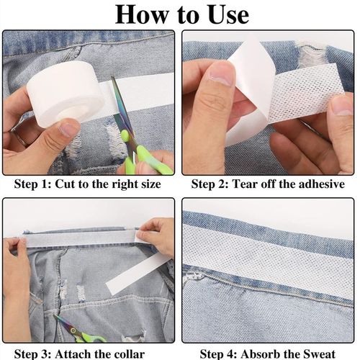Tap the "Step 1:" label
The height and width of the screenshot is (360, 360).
(34, 184)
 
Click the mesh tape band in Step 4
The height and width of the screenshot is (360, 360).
(266, 245)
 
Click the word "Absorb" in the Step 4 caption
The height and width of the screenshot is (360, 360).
(266, 353)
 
